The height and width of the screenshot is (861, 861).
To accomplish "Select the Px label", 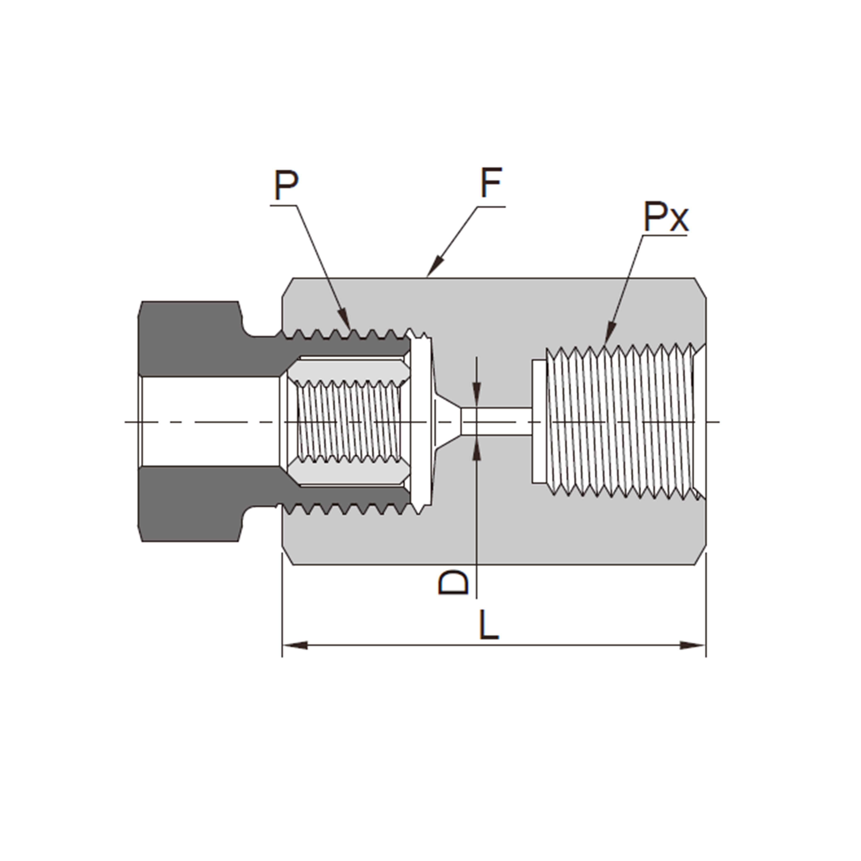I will point(665,217).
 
